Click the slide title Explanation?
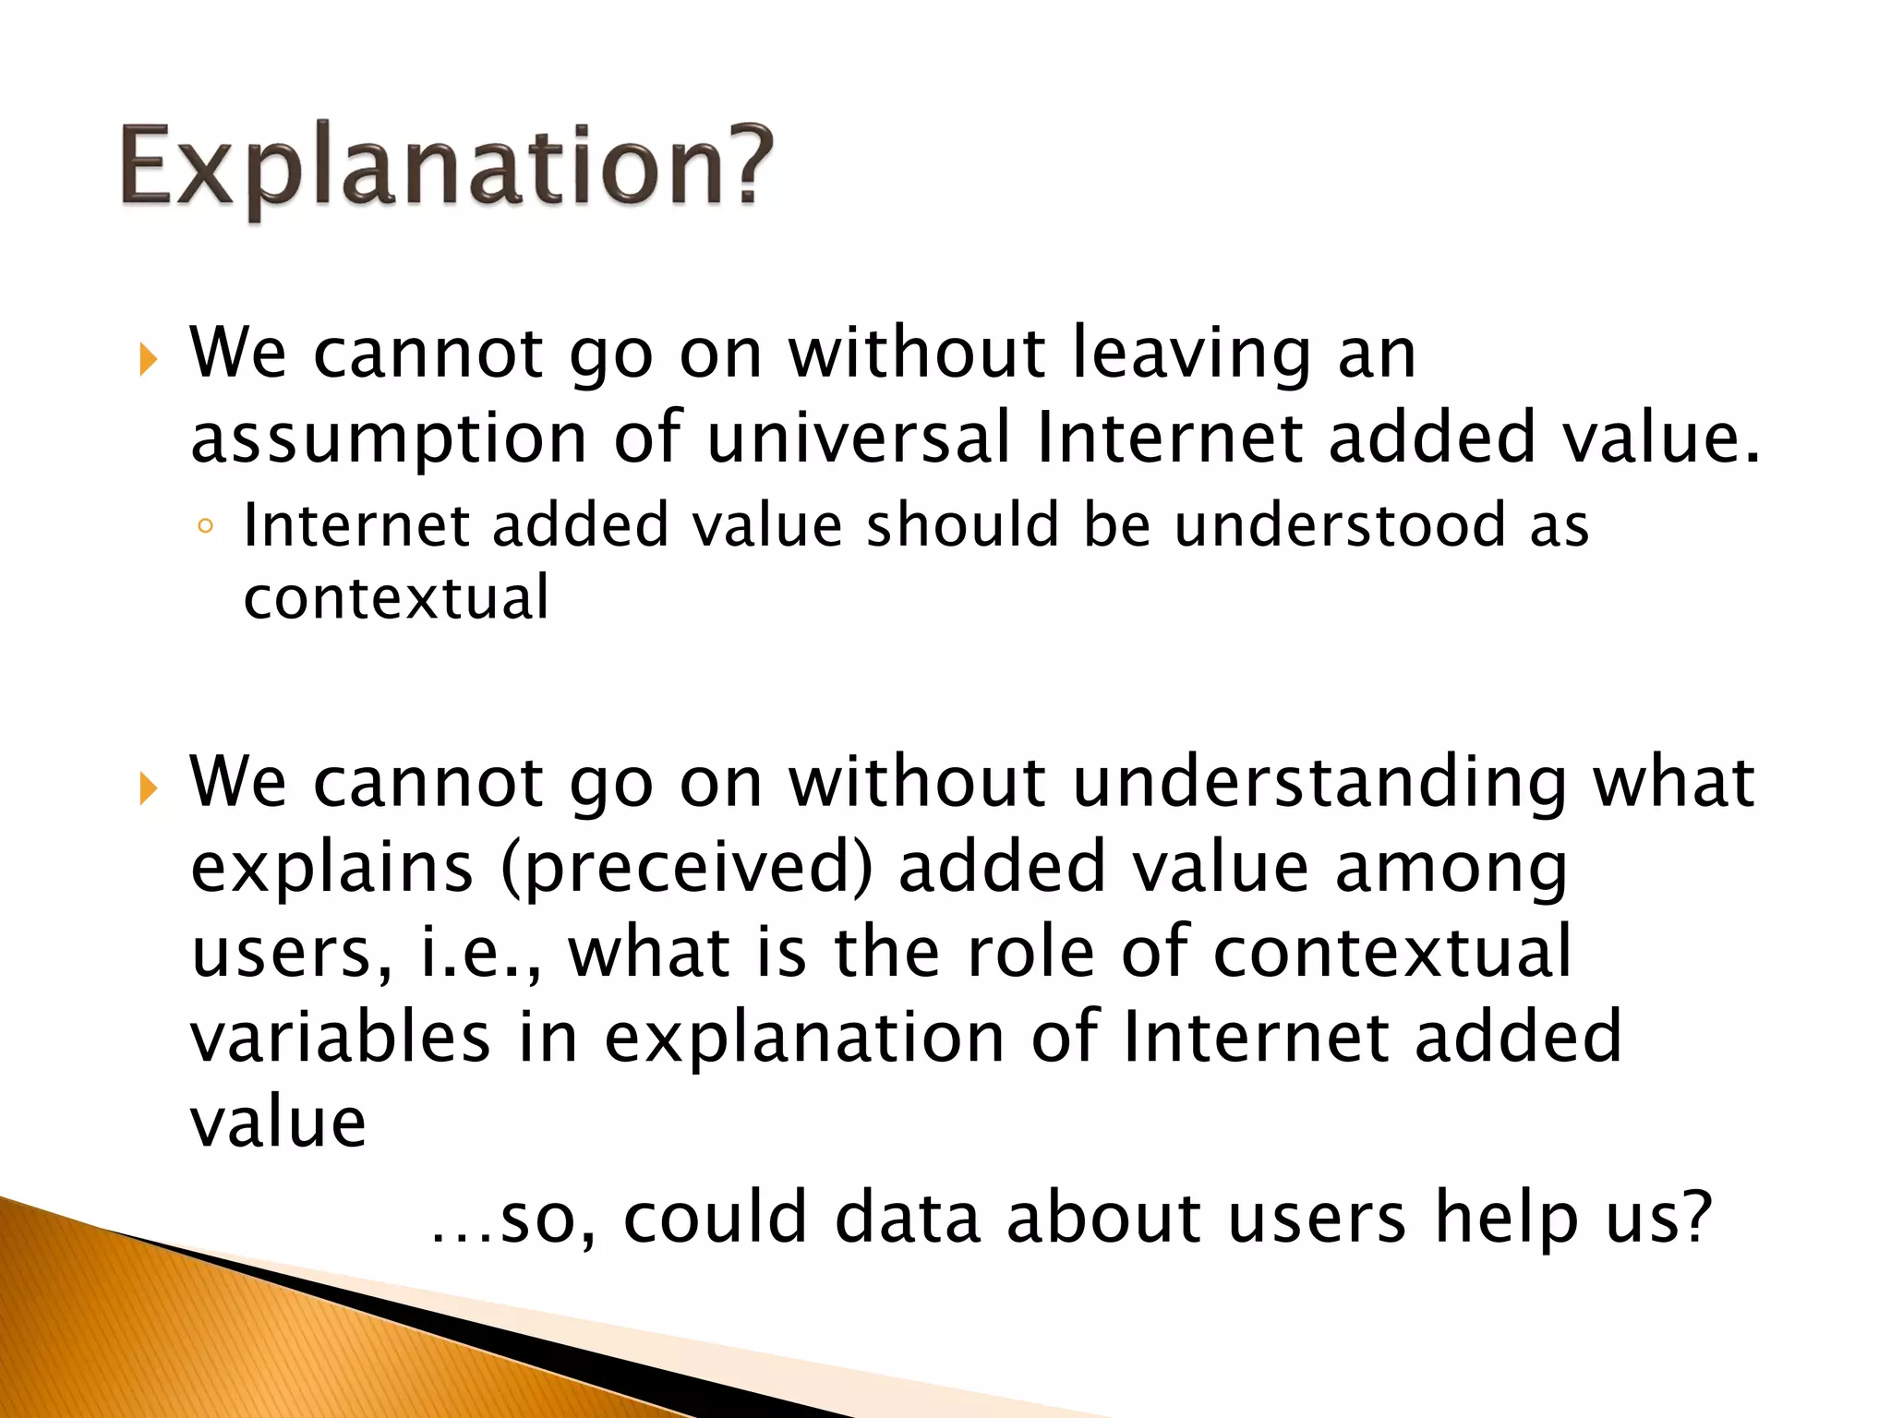pyautogui.click(x=446, y=167)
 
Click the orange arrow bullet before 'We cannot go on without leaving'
pyautogui.click(x=149, y=359)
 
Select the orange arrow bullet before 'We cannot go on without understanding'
pyautogui.click(x=149, y=787)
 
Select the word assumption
pyautogui.click(x=389, y=439)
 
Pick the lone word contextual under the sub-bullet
pyautogui.click(x=396, y=597)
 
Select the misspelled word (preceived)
pyautogui.click(x=687, y=869)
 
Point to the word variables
pyautogui.click(x=340, y=1037)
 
